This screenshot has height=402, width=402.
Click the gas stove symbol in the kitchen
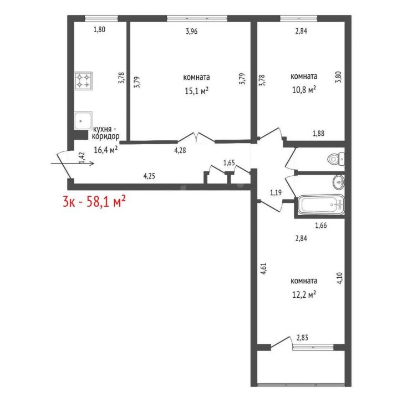83,81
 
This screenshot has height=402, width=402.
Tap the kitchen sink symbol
83,120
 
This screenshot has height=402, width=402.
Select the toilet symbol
336,159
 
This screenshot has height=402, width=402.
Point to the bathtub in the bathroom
320,205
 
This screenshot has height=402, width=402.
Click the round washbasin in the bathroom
338,182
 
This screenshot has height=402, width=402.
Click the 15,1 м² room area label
196,91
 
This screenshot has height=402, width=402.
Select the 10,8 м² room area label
304,90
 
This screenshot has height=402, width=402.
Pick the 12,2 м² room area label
304,294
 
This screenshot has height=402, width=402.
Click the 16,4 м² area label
105,150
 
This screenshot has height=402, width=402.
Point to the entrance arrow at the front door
73,164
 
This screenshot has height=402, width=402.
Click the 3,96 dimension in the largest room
191,31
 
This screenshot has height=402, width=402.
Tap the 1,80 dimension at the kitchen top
99,29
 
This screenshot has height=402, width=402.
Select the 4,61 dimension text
263,269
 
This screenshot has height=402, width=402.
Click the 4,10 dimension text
339,278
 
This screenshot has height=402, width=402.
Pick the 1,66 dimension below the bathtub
320,225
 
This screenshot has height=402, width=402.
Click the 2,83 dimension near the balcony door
302,338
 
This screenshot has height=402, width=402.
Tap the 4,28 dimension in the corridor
180,150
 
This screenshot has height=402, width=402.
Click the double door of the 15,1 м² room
196,138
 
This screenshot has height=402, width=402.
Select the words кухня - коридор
105,133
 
